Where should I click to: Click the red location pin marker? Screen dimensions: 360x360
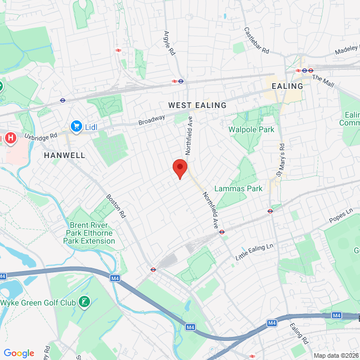(179, 168)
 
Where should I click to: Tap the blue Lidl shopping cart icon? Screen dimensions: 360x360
(76, 127)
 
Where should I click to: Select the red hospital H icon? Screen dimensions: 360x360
(10, 138)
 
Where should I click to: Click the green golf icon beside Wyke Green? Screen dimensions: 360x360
(84, 303)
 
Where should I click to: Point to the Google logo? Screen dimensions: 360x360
(19, 353)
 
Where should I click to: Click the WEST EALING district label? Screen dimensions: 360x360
(197, 105)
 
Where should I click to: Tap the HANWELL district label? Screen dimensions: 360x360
(64, 155)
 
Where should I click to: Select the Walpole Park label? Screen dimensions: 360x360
(251, 129)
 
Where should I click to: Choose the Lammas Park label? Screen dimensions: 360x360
(238, 188)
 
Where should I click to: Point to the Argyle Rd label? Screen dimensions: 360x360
(168, 43)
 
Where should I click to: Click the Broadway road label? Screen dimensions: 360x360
(152, 119)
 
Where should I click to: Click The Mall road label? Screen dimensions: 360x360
(322, 82)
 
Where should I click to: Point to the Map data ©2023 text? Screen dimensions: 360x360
(335, 355)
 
